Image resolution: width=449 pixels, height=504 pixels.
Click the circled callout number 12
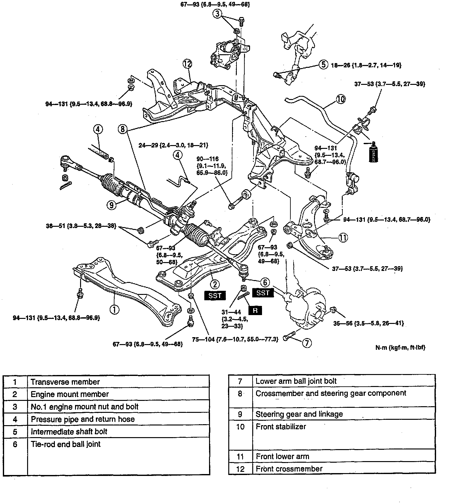[187, 64]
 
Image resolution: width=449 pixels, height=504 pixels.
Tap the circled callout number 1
[114, 309]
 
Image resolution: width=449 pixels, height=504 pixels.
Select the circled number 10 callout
[341, 99]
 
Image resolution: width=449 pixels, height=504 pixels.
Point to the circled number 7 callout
[307, 343]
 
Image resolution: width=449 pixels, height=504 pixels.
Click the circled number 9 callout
[111, 205]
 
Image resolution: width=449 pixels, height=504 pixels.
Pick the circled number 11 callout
[343, 237]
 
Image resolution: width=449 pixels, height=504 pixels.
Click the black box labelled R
[255, 310]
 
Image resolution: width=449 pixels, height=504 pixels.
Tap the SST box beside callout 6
[263, 293]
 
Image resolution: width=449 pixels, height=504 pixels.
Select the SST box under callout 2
[215, 296]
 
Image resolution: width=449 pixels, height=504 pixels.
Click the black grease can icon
[372, 152]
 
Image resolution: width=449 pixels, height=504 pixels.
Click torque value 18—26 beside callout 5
[366, 65]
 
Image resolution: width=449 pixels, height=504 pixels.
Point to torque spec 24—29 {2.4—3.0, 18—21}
[173, 145]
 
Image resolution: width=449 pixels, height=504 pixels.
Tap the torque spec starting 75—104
[235, 339]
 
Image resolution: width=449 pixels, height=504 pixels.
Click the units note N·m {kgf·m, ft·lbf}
[400, 347]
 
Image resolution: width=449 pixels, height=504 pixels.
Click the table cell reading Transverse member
[65, 382]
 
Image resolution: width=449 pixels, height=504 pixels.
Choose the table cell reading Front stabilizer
[281, 427]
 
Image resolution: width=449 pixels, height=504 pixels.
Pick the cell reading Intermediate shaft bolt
[69, 431]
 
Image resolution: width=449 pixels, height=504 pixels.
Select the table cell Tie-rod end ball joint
[66, 444]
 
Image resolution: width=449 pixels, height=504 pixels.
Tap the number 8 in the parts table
[240, 394]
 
